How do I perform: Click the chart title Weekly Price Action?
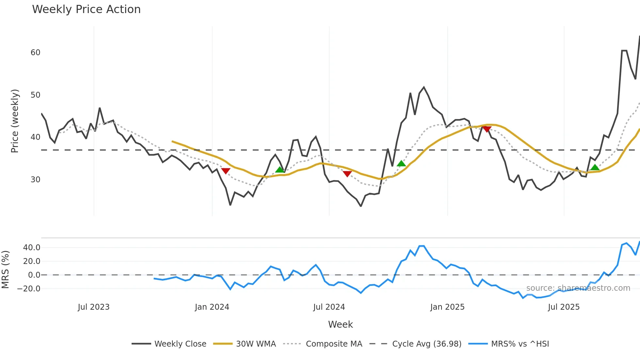(x=86, y=9)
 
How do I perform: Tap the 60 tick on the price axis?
(x=35, y=53)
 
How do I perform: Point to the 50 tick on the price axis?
(x=35, y=95)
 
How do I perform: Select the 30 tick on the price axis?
(x=35, y=180)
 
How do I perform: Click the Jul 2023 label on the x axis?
(x=94, y=307)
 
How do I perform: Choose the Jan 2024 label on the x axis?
(x=212, y=307)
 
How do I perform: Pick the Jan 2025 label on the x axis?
(x=447, y=307)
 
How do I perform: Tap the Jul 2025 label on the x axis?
(x=564, y=307)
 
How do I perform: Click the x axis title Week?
(x=340, y=324)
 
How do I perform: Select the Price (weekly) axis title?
(x=15, y=121)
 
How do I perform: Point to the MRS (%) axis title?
(x=6, y=270)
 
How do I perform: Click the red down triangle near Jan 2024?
(x=226, y=171)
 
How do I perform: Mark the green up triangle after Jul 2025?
(x=595, y=168)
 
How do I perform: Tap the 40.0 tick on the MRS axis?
(x=32, y=248)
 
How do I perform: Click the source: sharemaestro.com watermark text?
(x=578, y=288)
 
